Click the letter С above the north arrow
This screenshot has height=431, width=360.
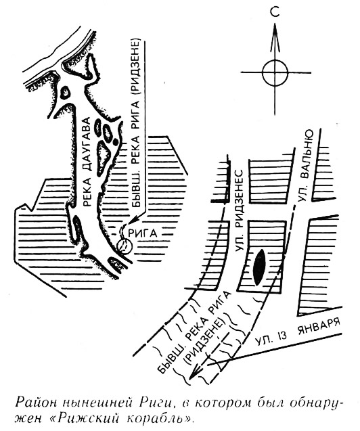coord(275,12)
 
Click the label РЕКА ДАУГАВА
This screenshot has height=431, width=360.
coord(86,162)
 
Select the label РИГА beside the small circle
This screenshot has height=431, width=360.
coord(143,233)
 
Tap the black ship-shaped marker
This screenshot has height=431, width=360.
coord(259,267)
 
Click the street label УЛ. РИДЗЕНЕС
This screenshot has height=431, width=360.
coord(240,210)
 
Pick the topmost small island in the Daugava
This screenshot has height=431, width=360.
coord(66,92)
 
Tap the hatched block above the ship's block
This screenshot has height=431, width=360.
coord(269,181)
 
